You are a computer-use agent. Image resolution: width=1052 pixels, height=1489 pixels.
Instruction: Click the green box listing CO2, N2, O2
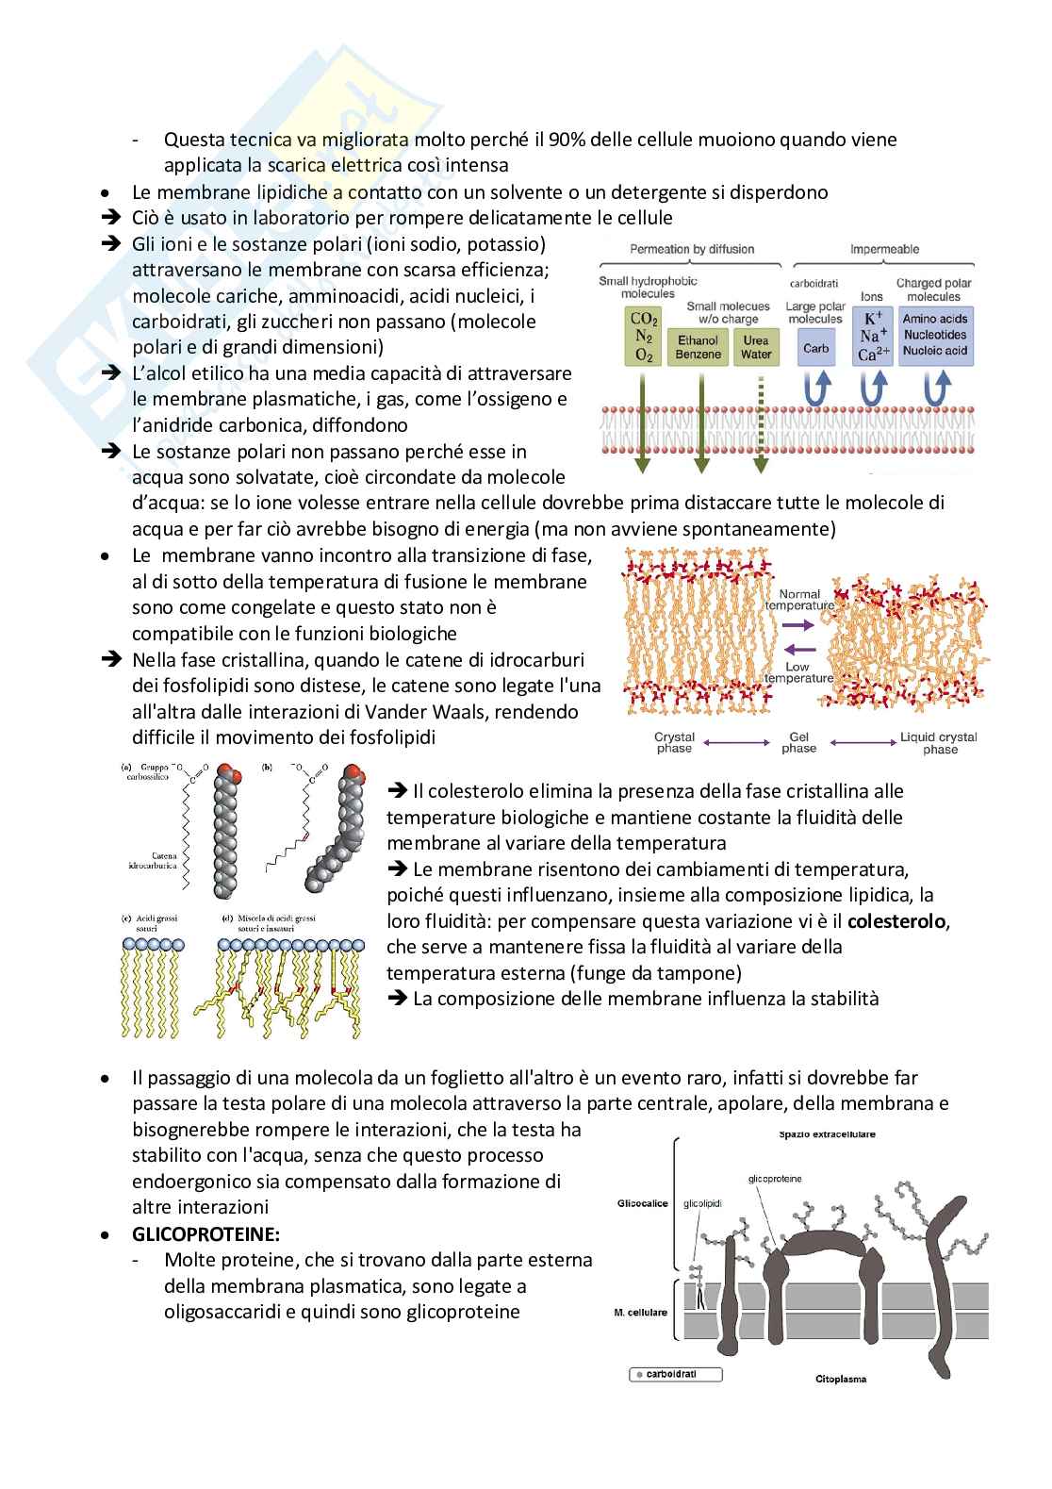click(x=644, y=336)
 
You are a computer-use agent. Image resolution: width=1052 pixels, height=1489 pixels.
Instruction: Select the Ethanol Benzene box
click(x=699, y=347)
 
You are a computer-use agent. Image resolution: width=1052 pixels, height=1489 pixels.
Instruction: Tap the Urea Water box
click(x=756, y=347)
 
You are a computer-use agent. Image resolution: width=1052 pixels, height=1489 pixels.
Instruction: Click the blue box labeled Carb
click(x=815, y=348)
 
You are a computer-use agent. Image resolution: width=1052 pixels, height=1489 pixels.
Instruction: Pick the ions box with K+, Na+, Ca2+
click(x=873, y=336)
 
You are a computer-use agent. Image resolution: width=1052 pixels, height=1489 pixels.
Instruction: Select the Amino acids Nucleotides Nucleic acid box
click(x=934, y=335)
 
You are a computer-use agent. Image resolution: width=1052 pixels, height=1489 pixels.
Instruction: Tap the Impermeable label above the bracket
click(x=884, y=249)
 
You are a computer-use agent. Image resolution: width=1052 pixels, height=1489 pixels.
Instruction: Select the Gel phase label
click(x=798, y=742)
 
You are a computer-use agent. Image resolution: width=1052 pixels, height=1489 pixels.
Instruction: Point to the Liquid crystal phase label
click(x=939, y=743)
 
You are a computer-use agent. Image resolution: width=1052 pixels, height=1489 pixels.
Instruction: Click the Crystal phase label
click(x=674, y=742)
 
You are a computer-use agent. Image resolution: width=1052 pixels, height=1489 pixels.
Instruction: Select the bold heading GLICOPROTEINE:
click(x=206, y=1233)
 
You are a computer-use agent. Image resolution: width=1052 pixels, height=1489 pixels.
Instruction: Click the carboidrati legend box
click(x=675, y=1375)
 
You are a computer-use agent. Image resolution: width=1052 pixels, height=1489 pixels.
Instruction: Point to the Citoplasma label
click(x=841, y=1379)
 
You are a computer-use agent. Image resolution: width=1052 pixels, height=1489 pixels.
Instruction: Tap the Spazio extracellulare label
click(x=826, y=1133)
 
